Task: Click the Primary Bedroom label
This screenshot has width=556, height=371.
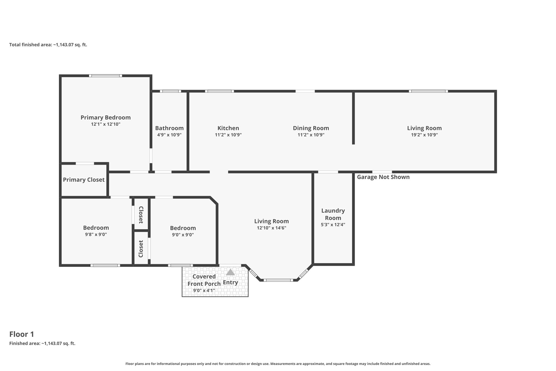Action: [106, 118]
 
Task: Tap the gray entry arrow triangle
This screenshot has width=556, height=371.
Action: [230, 272]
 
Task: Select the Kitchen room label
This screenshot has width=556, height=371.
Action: [228, 128]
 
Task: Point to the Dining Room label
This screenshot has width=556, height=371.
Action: [311, 128]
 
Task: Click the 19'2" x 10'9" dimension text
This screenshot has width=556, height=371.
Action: [424, 135]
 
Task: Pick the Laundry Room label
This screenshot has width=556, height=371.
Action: [333, 214]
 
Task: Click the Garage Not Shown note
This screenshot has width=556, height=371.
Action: [383, 177]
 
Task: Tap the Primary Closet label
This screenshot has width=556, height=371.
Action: [84, 180]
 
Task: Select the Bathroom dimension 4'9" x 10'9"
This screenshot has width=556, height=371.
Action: [169, 135]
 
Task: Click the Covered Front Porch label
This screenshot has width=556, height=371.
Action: [204, 280]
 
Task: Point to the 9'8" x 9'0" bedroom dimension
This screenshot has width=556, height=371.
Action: [96, 234]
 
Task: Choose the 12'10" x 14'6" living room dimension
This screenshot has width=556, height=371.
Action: [271, 228]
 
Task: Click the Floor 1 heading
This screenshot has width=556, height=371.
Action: [22, 334]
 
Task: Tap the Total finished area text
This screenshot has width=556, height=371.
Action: [48, 45]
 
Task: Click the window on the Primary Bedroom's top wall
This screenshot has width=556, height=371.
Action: [105, 76]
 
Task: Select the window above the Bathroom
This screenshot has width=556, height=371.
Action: [170, 91]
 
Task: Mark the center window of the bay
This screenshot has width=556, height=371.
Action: [278, 280]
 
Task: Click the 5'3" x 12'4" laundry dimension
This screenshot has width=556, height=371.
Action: [333, 225]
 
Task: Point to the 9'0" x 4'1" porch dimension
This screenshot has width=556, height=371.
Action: [204, 291]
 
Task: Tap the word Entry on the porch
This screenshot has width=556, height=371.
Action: [230, 282]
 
